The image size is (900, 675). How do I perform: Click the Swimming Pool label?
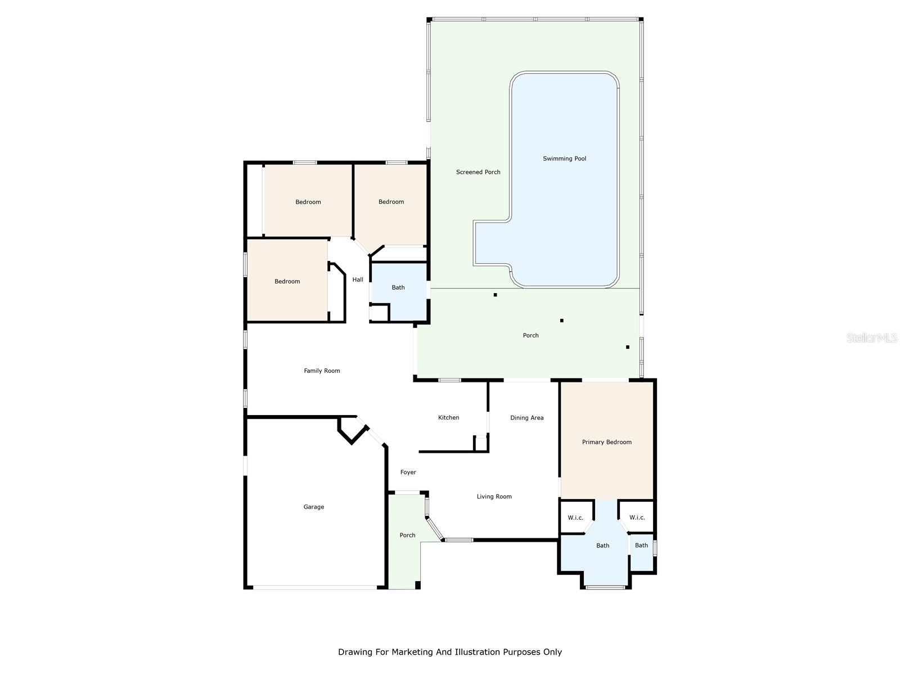[x=564, y=159]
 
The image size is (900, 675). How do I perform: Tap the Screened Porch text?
[x=478, y=172]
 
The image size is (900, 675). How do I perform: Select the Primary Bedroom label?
[x=606, y=442]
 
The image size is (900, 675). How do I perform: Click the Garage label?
[x=313, y=507]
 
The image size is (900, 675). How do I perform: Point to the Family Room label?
[x=322, y=371]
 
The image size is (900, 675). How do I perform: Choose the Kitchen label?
[x=448, y=417]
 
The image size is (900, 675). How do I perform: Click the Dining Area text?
[x=526, y=418]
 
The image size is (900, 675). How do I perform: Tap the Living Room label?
[x=494, y=497]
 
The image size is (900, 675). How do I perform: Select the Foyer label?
[x=408, y=472]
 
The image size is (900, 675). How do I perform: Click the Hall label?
[x=358, y=280]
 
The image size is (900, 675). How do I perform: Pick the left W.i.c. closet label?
[x=575, y=517]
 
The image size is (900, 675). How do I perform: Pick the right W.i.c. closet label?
[x=637, y=517]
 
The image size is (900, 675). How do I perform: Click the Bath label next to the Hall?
[x=398, y=287]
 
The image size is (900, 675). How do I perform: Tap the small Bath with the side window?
[x=641, y=545]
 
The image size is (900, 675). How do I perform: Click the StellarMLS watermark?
[x=872, y=337]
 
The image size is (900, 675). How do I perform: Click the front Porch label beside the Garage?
[x=407, y=535]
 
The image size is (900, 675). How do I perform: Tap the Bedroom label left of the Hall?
[x=287, y=281]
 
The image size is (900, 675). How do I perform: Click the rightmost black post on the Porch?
[x=628, y=347]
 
